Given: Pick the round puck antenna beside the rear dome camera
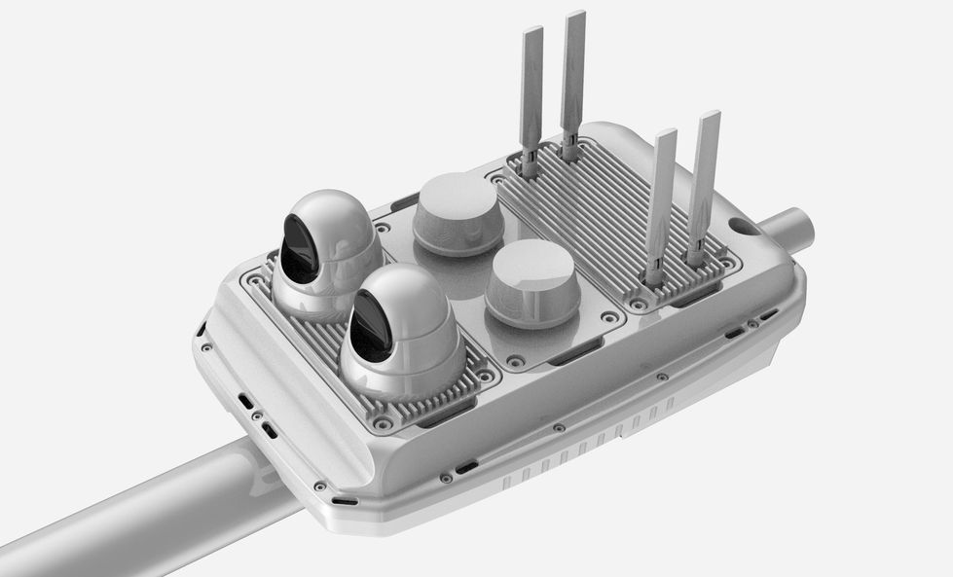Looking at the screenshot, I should (458, 213).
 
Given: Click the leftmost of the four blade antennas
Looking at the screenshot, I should (531, 97).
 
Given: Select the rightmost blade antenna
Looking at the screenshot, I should (703, 185).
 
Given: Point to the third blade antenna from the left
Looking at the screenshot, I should (660, 204).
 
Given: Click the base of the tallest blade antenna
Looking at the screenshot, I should (569, 151).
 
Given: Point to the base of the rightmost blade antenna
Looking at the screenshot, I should (696, 259).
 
